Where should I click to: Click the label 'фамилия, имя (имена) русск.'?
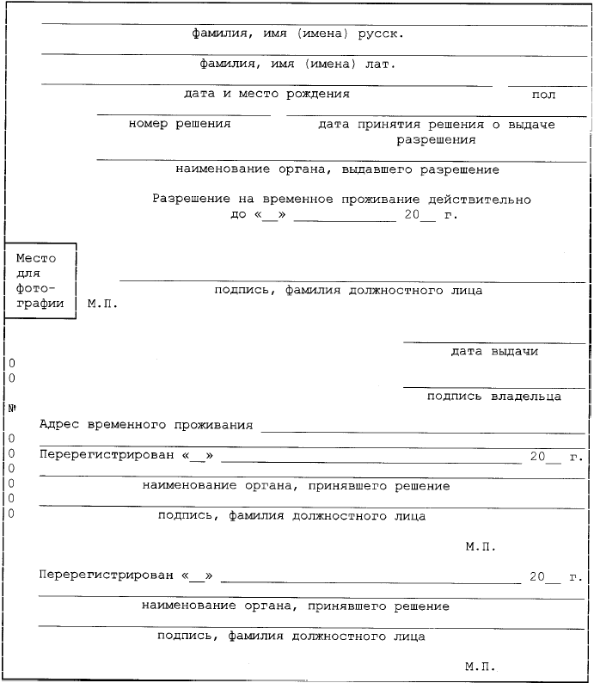tap(297, 35)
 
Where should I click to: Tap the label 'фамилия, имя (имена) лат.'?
tap(297, 64)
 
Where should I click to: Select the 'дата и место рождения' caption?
tap(266, 93)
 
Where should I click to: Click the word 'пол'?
tap(544, 95)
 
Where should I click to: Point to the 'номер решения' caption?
tap(180, 124)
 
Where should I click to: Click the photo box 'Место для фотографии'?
tap(40, 280)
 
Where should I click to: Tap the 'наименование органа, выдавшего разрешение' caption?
tap(336, 169)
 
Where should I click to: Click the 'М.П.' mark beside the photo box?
tap(102, 304)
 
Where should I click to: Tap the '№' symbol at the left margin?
tap(12, 408)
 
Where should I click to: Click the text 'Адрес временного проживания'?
tap(146, 424)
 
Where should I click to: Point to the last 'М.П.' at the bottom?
tap(481, 666)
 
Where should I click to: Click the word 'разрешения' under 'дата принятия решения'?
tap(436, 138)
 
